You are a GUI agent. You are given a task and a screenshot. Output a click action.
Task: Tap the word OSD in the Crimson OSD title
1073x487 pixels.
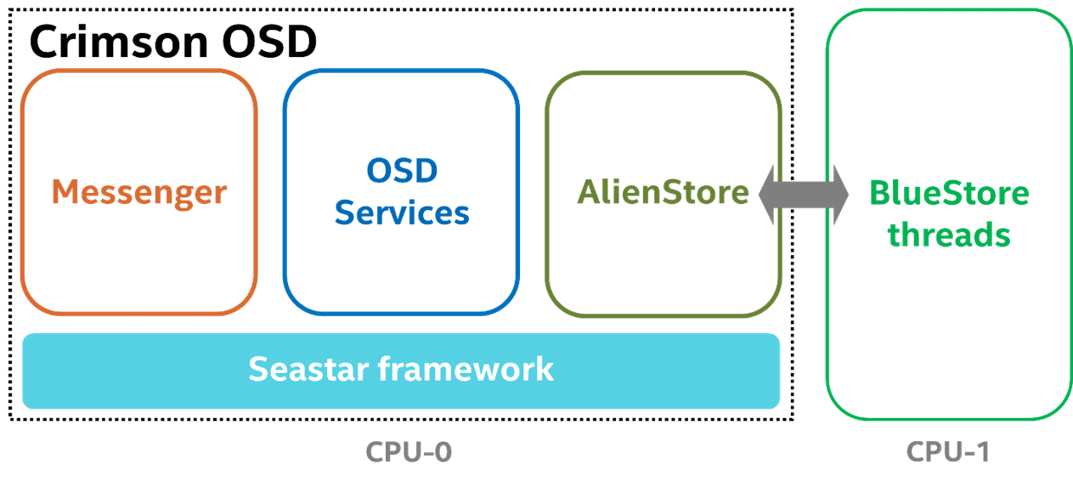[x=269, y=42]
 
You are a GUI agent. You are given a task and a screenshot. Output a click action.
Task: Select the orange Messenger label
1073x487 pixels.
[x=139, y=193]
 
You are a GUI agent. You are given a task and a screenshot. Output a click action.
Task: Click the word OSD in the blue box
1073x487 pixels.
[x=402, y=171]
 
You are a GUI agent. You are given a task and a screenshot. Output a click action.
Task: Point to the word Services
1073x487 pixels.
[x=402, y=212]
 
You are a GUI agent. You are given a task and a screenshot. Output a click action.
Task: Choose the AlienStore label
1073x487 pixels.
[x=663, y=192]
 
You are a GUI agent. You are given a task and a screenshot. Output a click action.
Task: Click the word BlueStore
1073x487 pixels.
[x=949, y=193]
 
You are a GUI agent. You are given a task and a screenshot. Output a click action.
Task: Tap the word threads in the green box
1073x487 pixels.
[x=949, y=235]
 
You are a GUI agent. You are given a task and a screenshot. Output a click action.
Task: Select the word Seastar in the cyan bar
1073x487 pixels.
[x=308, y=369]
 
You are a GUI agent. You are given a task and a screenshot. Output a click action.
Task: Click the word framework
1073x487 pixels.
[x=466, y=369]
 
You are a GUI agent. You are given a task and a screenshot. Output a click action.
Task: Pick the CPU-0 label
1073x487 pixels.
[x=409, y=451]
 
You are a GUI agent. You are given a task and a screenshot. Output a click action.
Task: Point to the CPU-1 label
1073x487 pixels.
[x=948, y=451]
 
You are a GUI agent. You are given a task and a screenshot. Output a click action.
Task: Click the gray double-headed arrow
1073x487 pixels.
[x=804, y=195]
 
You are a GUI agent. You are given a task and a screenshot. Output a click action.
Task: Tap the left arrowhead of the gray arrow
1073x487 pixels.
[x=767, y=195]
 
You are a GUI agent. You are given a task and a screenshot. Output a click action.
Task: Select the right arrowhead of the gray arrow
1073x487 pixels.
[x=841, y=195]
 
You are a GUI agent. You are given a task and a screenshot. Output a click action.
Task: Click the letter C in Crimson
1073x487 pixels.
[x=44, y=42]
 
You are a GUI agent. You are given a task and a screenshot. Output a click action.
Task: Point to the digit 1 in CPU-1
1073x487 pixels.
[x=981, y=451]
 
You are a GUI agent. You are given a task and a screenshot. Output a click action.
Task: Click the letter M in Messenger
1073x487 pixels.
[x=65, y=192]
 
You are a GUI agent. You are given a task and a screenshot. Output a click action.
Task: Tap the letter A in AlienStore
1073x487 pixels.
[x=590, y=192]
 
